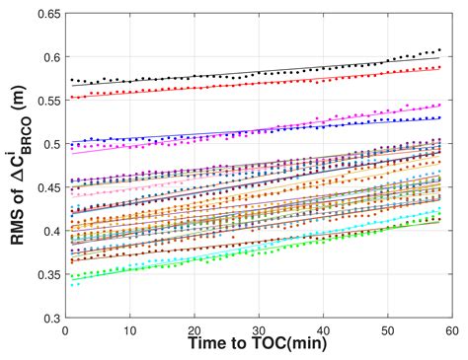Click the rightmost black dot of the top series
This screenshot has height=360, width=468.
[438, 48]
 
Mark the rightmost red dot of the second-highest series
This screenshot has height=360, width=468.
[438, 67]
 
